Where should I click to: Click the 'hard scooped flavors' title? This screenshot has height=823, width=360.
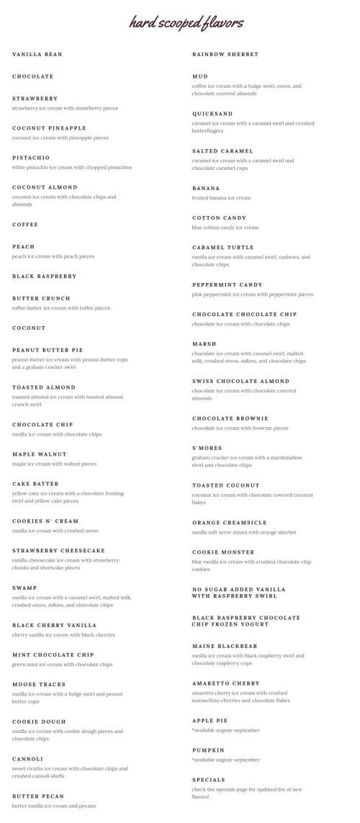click(186, 23)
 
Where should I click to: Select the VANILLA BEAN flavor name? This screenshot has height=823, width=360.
click(37, 55)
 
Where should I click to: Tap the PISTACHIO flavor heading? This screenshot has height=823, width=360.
click(31, 158)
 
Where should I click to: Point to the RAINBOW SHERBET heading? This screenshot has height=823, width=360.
click(225, 55)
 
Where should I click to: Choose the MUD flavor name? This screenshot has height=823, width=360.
click(200, 76)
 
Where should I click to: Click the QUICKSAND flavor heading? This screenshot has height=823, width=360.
click(212, 114)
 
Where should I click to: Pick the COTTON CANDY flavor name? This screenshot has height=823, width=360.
click(219, 217)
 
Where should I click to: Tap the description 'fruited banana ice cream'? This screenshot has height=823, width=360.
click(221, 198)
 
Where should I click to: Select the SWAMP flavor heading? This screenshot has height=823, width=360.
click(24, 588)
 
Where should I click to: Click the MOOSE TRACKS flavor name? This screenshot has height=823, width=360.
click(39, 684)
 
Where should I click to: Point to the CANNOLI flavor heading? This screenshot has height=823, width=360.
click(28, 758)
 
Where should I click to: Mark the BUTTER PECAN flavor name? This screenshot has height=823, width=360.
click(38, 796)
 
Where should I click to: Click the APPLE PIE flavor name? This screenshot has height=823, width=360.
click(210, 720)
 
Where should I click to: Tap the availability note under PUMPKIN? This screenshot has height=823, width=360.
click(225, 760)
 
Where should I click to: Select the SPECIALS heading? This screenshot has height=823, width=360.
click(209, 780)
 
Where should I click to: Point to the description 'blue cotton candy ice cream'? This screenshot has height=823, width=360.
click(225, 228)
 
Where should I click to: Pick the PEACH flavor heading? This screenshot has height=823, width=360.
click(24, 246)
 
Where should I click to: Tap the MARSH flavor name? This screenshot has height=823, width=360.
click(204, 343)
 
